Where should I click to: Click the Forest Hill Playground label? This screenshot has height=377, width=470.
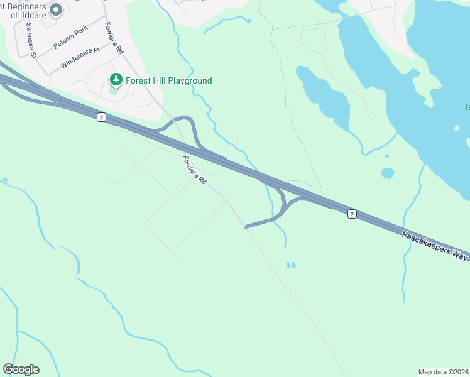168,80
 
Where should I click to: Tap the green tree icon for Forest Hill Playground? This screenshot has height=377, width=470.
116,80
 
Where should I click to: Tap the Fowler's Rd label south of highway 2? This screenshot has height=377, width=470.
195,170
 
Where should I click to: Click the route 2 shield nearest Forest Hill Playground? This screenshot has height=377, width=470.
101,117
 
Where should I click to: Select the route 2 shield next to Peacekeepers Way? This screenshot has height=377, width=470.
352,214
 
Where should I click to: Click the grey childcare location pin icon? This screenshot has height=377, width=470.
56,9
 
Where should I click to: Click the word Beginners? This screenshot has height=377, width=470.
31,6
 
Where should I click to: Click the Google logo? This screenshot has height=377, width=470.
21,369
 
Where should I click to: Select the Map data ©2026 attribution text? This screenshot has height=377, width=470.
443,372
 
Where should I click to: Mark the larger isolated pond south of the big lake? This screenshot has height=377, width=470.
388,173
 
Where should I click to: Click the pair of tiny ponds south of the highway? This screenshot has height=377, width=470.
291,265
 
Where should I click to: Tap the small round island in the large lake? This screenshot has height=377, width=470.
457,128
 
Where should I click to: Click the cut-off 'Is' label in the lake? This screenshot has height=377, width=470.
467,107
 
